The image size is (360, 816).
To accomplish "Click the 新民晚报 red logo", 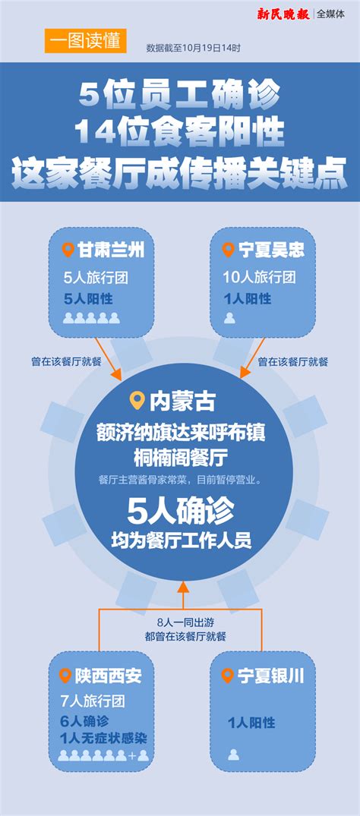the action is pyautogui.click(x=283, y=14).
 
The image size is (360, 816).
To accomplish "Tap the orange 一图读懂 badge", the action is pyautogui.click(x=85, y=41).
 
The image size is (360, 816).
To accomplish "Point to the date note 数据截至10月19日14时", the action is pyautogui.click(x=193, y=48).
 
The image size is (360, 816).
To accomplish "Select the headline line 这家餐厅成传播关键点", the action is pyautogui.click(x=180, y=175).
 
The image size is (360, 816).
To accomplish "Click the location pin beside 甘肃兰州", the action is pyautogui.click(x=68, y=249).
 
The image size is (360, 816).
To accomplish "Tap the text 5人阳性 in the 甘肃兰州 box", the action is pyautogui.click(x=88, y=299).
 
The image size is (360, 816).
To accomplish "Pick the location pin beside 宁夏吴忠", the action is pyautogui.click(x=228, y=249).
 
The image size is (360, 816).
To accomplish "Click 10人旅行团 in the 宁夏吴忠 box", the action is pyautogui.click(x=260, y=277).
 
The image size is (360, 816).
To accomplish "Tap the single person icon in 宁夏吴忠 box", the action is pyautogui.click(x=230, y=318).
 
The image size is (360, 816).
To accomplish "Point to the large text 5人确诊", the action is pyautogui.click(x=180, y=512).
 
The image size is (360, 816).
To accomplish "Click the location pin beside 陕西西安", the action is pyautogui.click(x=65, y=676).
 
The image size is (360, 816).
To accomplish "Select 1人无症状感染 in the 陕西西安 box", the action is pyautogui.click(x=103, y=738).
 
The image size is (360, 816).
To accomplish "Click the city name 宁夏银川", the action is pyautogui.click(x=270, y=676).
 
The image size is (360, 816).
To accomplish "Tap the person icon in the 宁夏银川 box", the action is pyautogui.click(x=233, y=754).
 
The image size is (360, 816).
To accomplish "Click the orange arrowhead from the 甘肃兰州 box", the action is pyautogui.click(x=117, y=375).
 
